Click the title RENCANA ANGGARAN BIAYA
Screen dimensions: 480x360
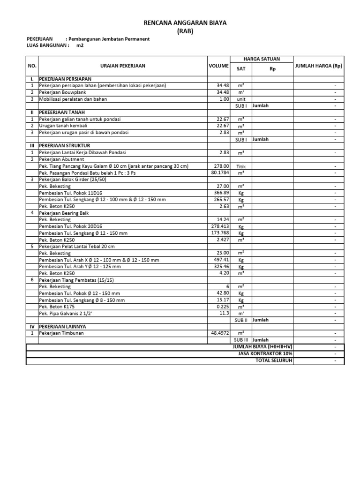pos(184,23)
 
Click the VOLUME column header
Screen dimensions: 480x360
pos(218,66)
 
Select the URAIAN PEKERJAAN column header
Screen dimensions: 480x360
pos(123,66)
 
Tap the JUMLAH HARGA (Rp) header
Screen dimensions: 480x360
pos(318,66)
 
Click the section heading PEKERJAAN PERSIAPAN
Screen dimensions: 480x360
pos(65,79)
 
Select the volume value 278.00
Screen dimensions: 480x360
pos(220,166)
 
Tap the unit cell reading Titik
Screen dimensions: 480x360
pos(241,166)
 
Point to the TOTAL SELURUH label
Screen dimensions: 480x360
pos(274,360)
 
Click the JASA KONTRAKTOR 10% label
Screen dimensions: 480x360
pos(265,353)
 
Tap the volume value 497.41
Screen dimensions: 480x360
pos(220,260)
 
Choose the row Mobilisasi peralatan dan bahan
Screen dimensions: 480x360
pos(73,99)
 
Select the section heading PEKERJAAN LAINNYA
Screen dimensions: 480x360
pos(62,326)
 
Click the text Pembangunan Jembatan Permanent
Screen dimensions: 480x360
pos(109,39)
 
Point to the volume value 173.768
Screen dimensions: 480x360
pos(219,233)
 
